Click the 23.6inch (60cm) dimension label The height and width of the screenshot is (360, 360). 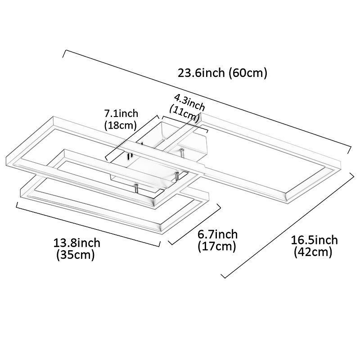(223, 73)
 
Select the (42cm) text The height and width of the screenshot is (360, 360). (313, 252)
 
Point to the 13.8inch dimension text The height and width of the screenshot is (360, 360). (77, 243)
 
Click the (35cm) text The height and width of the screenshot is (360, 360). (75, 255)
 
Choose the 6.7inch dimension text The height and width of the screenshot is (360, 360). (218, 234)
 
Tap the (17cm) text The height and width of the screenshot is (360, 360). (216, 246)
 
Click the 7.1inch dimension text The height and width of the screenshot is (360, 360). (121, 113)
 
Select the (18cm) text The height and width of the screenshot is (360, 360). (121, 125)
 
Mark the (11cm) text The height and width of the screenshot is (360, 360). (185, 113)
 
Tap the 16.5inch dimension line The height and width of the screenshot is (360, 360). (288, 225)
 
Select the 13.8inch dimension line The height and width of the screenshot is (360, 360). (88, 225)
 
